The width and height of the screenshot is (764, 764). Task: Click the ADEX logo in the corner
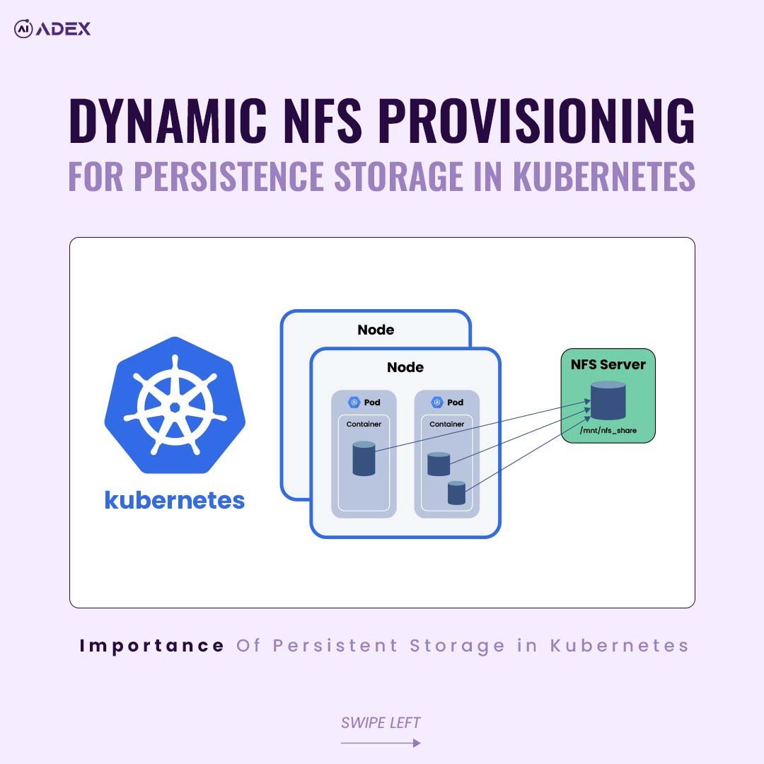click(52, 29)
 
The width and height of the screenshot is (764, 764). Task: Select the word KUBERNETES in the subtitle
click(604, 177)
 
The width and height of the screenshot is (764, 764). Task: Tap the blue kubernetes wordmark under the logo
click(175, 500)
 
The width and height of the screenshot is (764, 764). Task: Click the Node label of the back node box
click(376, 330)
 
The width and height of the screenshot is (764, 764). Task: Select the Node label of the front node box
click(405, 367)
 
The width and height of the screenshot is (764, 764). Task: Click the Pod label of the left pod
click(372, 403)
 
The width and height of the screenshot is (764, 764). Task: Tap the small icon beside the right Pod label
click(437, 403)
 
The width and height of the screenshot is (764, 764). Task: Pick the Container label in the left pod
click(364, 424)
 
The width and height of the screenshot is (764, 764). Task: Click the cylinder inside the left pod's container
click(364, 458)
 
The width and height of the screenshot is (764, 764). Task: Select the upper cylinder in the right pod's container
click(439, 464)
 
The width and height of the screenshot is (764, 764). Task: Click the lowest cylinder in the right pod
click(457, 493)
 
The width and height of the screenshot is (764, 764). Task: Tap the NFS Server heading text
click(608, 364)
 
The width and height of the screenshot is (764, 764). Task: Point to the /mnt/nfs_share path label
click(608, 430)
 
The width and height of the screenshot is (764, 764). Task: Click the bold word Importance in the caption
click(152, 645)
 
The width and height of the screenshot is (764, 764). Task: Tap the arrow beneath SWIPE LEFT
click(381, 743)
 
